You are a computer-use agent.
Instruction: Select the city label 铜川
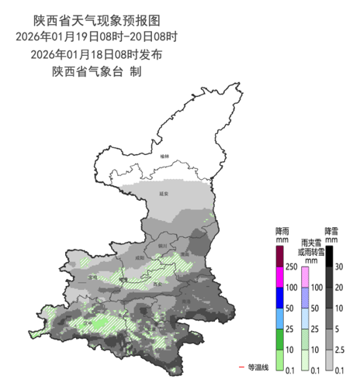(x=162, y=244)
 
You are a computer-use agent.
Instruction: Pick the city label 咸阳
(x=140, y=257)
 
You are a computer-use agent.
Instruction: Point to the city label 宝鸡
(x=92, y=277)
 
